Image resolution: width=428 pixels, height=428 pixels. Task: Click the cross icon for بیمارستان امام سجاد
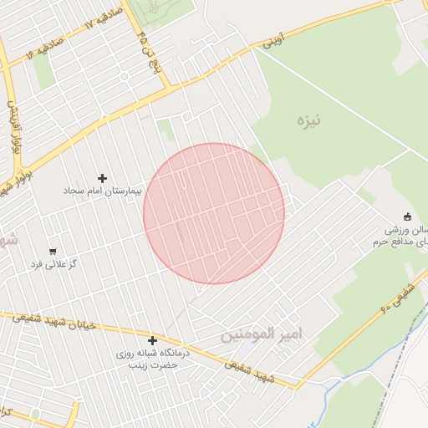point(103,178)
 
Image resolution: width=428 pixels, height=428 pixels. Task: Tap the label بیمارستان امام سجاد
point(104,191)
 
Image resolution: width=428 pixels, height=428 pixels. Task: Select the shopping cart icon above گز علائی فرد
point(53,251)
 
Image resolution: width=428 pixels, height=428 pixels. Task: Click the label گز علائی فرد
point(53,264)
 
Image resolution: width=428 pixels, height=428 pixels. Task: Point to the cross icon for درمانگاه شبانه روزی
point(152,340)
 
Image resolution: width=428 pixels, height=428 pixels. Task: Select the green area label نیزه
point(308,120)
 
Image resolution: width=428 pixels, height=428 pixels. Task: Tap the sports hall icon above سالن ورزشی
point(407,217)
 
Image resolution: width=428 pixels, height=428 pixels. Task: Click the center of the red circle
point(214,214)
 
